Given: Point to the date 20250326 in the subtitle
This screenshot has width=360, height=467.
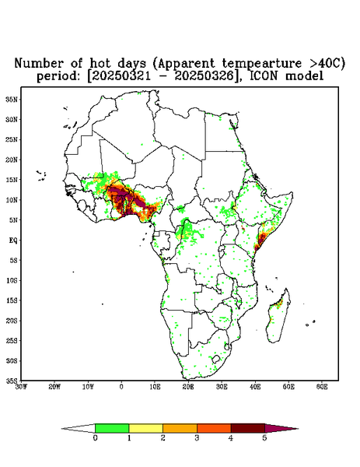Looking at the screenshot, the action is tap(204, 76).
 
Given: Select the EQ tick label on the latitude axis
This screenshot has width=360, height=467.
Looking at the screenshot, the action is tap(12, 240).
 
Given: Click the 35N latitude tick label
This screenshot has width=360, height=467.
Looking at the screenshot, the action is tap(12, 99).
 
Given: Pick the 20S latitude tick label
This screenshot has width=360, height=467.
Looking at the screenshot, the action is tap(12, 321).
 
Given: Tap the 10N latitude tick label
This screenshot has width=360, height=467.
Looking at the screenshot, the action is tap(12, 200).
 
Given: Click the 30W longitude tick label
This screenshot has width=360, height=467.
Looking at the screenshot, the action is tap(21, 387).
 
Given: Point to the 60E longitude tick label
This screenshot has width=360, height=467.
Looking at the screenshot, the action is tap(322, 387).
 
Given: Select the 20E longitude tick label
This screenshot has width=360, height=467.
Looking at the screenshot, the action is tap(188, 387).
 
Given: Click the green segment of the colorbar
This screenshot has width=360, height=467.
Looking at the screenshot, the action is tap(112, 428).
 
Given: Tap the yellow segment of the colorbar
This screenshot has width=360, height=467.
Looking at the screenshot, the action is tap(145, 428).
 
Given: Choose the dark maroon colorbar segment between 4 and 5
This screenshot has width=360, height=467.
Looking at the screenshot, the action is tap(248, 428).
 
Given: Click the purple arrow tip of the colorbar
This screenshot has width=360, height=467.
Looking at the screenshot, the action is tap(281, 429).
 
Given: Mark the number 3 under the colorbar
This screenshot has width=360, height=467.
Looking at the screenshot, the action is tap(197, 438).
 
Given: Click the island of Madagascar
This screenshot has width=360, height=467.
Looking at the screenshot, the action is tap(278, 316).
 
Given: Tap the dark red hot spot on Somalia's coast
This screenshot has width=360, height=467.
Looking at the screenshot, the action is tap(261, 239).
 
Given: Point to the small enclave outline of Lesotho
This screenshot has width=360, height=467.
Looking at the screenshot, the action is tap(215, 359).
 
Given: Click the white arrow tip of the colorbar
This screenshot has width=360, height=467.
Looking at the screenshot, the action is tap(79, 429).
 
